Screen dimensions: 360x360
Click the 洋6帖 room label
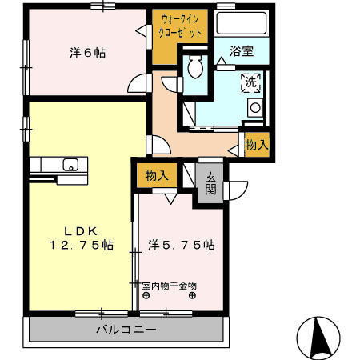coord(87,53)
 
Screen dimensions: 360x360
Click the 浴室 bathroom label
coord(242,51)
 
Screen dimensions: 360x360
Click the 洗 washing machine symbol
coord(251,81)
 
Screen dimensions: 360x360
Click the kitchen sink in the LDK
coord(69,166)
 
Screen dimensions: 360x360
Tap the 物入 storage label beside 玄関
coord(156,176)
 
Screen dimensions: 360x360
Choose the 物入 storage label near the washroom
coord(257,145)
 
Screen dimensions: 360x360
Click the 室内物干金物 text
coord(169,285)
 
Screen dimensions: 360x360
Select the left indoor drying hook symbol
coord(146,295)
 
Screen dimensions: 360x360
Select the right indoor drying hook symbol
coord(190,295)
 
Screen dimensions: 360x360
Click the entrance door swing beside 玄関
coord(236,190)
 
